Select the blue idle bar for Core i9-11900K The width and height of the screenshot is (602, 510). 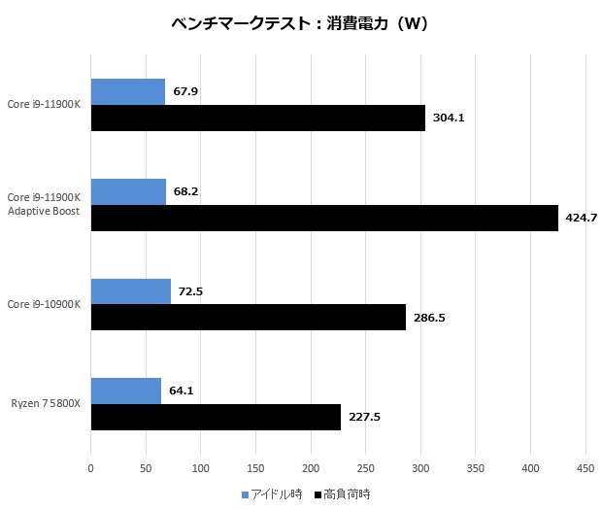tap(127, 92)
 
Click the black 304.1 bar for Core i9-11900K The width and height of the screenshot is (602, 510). tap(257, 118)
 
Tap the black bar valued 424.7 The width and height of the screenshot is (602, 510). tap(324, 218)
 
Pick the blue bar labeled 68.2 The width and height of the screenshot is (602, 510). tap(128, 192)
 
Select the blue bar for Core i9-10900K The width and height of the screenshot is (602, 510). tap(130, 291)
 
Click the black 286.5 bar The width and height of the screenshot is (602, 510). tap(248, 317)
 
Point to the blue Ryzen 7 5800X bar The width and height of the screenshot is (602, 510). tap(125, 391)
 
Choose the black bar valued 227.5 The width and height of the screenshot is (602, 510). tap(216, 417)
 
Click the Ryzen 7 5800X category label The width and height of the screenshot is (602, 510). tap(47, 403)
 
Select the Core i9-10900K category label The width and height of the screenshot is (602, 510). tap(44, 304)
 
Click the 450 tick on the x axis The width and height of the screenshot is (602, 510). tap(585, 469)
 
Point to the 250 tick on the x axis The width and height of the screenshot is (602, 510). tap(365, 469)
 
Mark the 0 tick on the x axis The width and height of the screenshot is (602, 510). tap(91, 469)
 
